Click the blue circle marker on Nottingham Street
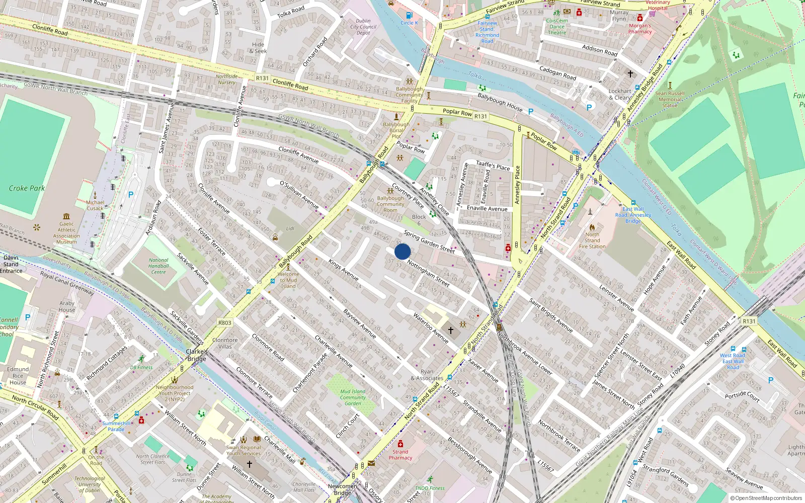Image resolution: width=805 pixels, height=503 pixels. [403, 251]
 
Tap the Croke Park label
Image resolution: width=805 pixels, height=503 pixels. [27, 188]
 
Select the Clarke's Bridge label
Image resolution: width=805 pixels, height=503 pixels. [197, 355]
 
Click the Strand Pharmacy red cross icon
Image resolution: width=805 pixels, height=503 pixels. [400, 444]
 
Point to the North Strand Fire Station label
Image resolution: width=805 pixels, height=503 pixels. [592, 240]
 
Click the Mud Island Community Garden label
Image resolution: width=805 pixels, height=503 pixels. [353, 397]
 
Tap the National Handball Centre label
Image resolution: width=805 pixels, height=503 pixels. [158, 266]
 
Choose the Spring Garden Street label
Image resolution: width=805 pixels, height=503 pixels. [429, 241]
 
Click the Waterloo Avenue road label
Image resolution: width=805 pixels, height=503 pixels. [431, 327]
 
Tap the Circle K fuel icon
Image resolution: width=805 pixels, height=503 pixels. [409, 16]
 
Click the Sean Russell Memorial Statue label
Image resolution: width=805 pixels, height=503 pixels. [670, 100]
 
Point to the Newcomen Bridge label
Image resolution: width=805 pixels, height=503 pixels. [342, 489]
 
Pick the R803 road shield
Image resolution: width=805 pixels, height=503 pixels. [225, 323]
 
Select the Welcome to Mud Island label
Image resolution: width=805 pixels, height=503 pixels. [288, 280]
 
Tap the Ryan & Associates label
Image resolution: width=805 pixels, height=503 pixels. [427, 375]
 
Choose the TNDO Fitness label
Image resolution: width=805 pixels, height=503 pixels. [430, 488]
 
